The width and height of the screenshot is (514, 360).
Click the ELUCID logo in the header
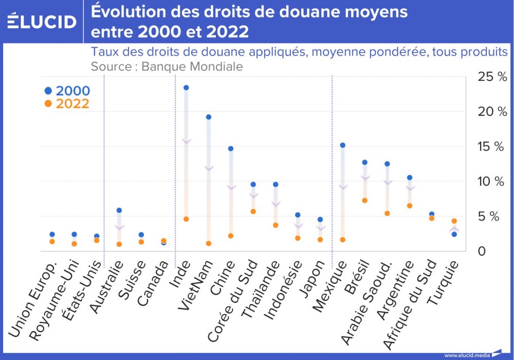[x=42, y=22]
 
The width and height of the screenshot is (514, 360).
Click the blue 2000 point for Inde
[x=186, y=88]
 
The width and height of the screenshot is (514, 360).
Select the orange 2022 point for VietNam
[x=208, y=243]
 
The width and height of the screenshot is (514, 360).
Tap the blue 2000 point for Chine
[x=231, y=149]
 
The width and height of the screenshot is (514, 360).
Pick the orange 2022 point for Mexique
[x=342, y=240]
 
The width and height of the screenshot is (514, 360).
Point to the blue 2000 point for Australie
[x=119, y=210]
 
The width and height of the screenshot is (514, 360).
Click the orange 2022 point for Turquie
[x=454, y=221]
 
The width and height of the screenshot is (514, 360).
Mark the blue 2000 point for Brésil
[x=365, y=162]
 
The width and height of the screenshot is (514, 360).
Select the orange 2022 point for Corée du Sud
[x=253, y=211]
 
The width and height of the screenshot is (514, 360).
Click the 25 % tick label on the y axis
[x=492, y=77]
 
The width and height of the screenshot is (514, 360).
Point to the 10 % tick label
[x=492, y=182]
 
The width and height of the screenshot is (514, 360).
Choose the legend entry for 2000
[x=67, y=91]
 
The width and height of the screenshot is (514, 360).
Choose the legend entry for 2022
[x=67, y=103]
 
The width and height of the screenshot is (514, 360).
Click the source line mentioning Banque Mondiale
[x=167, y=66]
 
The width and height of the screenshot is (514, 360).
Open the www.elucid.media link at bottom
[x=467, y=355]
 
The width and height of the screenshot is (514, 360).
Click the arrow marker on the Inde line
[x=186, y=140]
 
